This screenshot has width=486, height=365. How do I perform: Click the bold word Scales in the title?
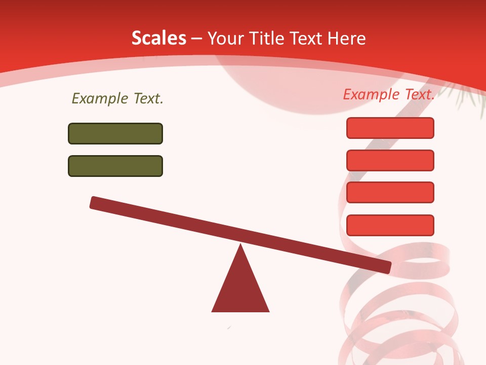coord(158,38)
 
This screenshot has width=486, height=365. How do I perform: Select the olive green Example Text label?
coord(117,98)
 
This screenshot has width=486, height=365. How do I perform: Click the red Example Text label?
coord(389,94)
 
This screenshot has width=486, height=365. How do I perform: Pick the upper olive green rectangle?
coord(115,133)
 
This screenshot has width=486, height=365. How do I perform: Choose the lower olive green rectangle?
coord(115,166)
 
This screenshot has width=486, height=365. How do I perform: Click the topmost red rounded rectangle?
coord(390,128)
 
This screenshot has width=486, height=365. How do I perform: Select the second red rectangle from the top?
coord(390,160)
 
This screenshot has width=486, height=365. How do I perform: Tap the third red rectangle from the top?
coord(390,193)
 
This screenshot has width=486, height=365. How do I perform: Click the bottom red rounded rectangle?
coord(390,225)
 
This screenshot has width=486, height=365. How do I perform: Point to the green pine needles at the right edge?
coord(468,96)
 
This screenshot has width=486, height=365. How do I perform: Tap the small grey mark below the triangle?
coord(229,328)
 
